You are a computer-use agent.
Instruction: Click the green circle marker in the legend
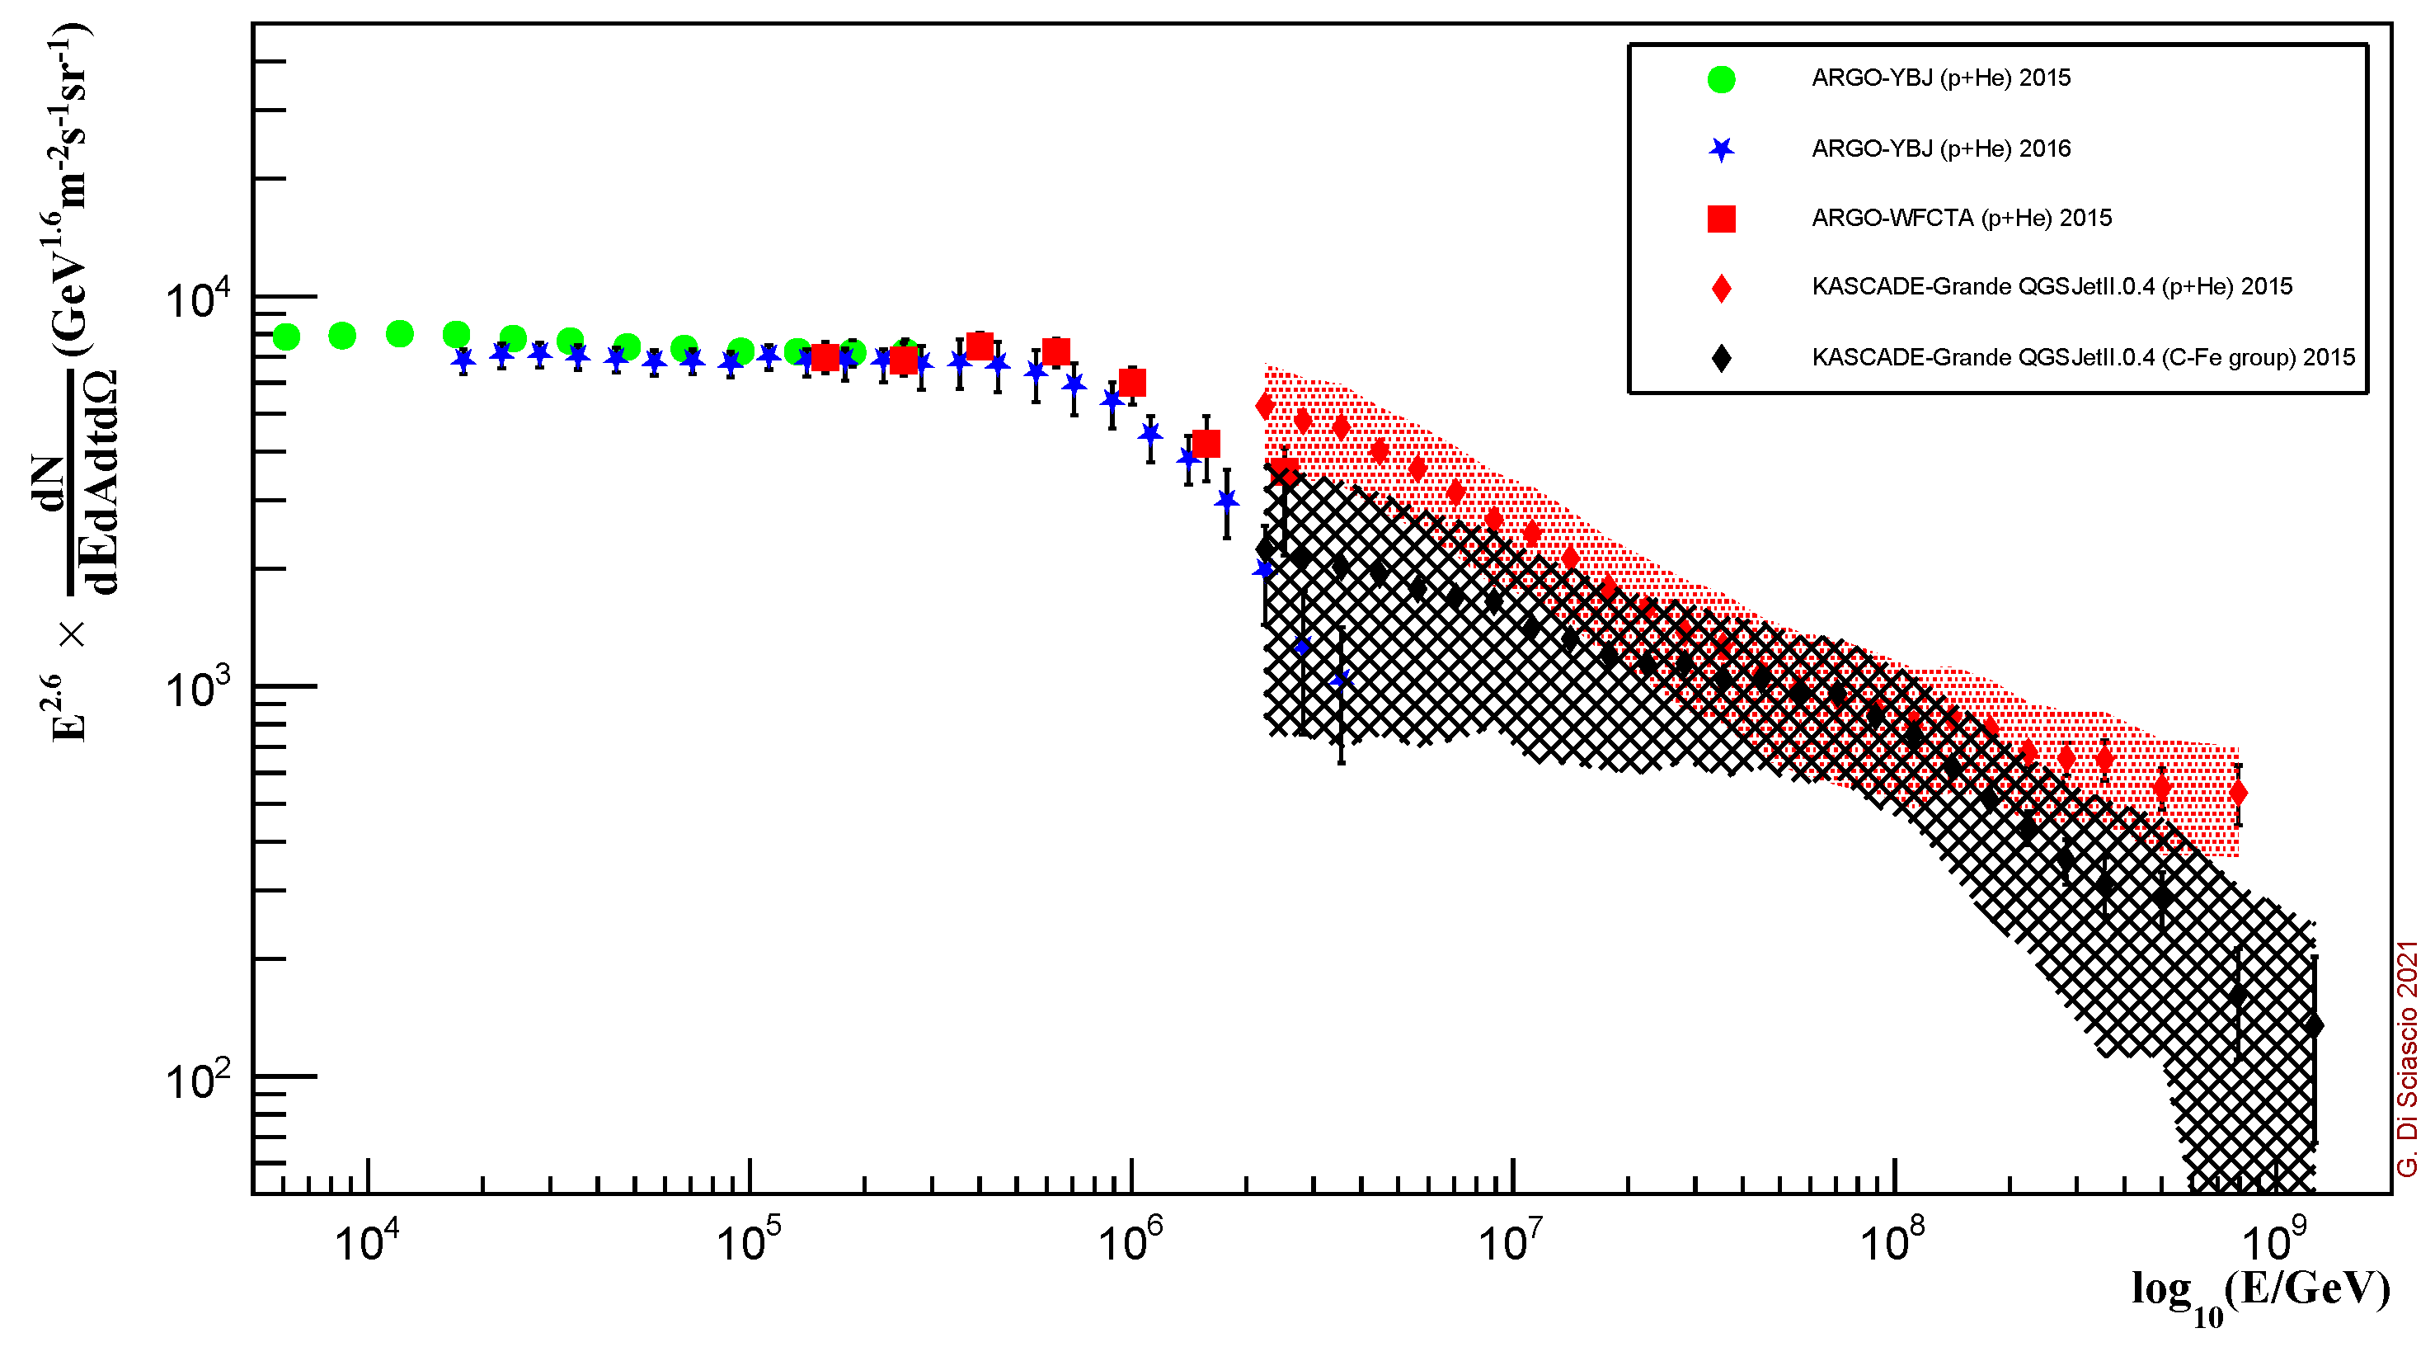coord(1722,79)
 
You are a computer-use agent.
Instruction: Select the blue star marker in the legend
coord(1722,149)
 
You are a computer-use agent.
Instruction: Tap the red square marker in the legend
coord(1722,219)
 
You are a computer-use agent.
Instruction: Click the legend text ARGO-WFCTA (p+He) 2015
coord(1961,219)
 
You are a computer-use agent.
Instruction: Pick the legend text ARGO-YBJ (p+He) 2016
coord(1940,148)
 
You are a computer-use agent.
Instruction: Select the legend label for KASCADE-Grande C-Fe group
coord(2082,357)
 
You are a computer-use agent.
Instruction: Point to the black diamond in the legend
coord(1722,357)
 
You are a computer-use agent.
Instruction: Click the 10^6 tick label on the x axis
coord(1130,1241)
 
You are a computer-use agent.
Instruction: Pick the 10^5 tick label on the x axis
coord(749,1241)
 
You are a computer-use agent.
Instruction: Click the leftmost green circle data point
coord(286,337)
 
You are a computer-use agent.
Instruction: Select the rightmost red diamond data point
coord(2237,793)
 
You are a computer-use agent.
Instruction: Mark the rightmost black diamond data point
coord(2313,1025)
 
